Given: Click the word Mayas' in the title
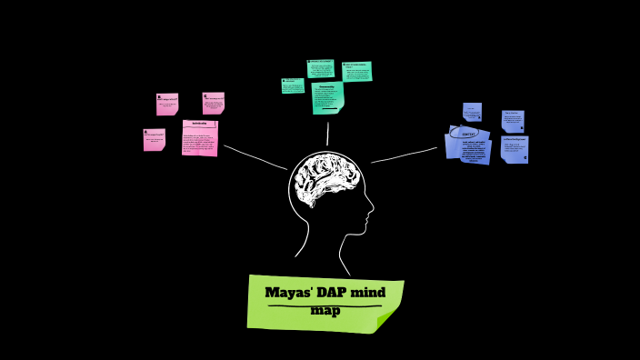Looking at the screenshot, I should pos(287,293).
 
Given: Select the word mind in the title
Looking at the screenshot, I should pos(370,293).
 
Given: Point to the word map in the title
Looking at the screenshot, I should pos(325,311).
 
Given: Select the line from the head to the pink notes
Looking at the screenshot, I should pos(255,156).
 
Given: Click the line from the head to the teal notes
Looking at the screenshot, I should pos(328,133).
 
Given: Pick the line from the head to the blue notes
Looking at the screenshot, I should pos(405,155).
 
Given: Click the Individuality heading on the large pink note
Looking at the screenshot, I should pos(200,123).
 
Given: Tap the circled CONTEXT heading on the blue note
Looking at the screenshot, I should pos(468,133).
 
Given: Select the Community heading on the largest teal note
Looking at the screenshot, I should pos(327,87).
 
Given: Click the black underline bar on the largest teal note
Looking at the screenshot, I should pos(327,108).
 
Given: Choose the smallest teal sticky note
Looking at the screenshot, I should pos(293,85).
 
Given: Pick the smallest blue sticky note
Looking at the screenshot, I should pos(472,112).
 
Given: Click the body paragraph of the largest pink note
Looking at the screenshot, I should pos(199,141).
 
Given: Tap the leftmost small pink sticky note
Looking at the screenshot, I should pos(154,139).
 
